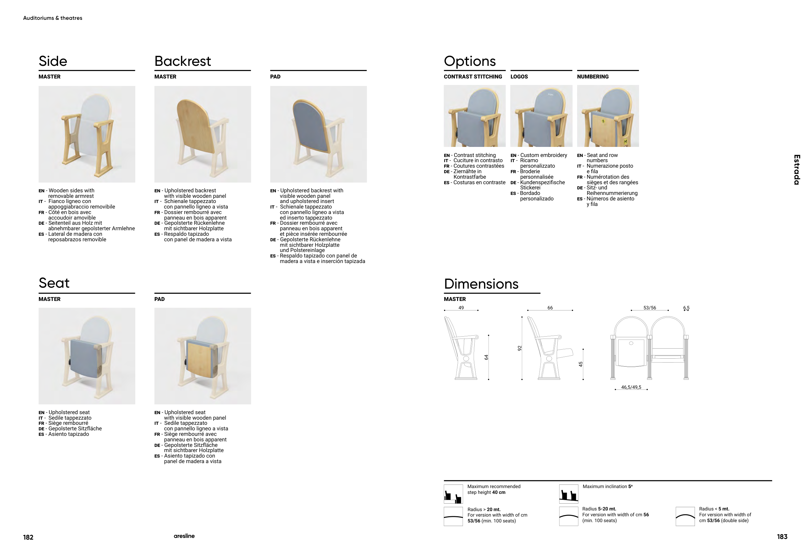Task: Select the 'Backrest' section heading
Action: click(183, 61)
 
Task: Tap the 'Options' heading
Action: click(469, 61)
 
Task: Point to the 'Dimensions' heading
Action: click(481, 284)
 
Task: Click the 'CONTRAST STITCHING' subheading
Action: click(473, 77)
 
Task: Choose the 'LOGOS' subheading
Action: click(519, 77)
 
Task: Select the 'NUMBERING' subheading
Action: click(593, 77)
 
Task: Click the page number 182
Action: click(28, 537)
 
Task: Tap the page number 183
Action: click(782, 537)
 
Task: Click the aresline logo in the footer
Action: click(184, 536)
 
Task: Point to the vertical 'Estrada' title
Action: click(797, 170)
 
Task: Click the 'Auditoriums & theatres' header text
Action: click(53, 18)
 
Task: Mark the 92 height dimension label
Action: click(519, 348)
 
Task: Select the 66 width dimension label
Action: click(550, 308)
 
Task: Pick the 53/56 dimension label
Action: click(649, 308)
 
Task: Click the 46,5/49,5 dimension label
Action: click(631, 387)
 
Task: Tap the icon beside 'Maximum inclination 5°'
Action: click(568, 494)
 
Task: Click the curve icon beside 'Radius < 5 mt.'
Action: click(685, 517)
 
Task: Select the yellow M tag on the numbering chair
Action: click(625, 142)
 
